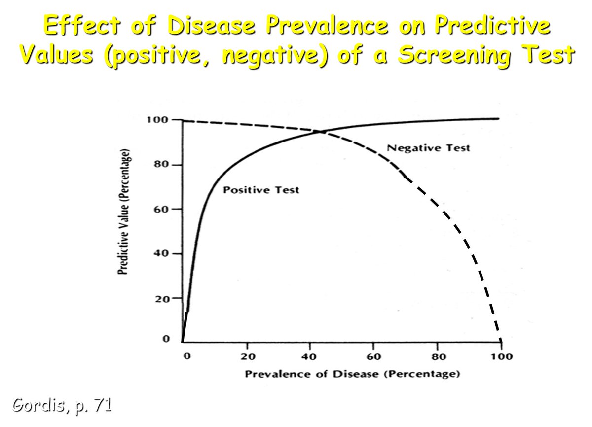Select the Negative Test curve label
[428, 147]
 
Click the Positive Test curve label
[261, 190]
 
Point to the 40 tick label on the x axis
[310, 357]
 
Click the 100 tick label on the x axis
[501, 357]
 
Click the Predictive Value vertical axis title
[125, 212]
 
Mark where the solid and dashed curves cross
[321, 132]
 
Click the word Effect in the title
[72, 26]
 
